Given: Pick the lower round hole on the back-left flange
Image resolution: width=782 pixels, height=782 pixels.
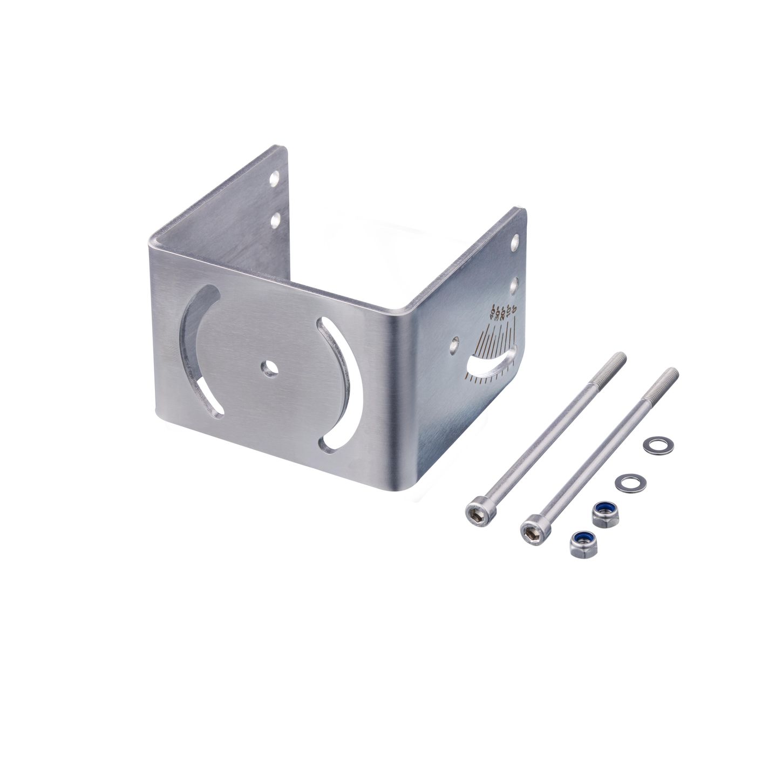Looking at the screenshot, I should (275, 219).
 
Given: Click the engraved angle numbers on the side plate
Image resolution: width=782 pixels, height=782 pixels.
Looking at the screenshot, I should (501, 312).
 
